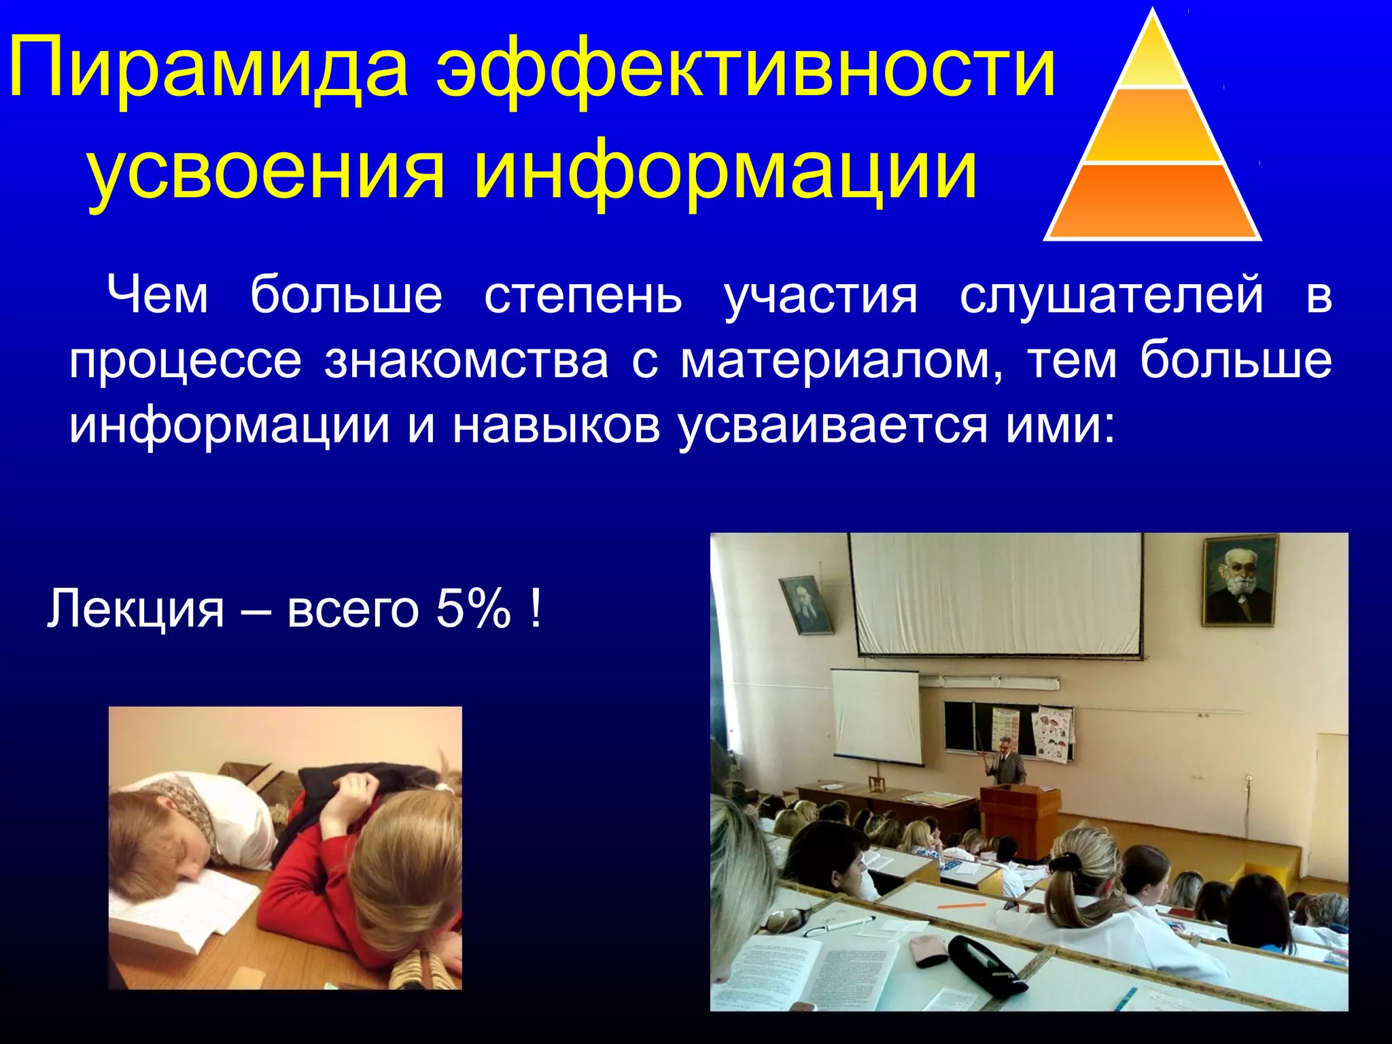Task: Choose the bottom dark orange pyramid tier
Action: click(1152, 202)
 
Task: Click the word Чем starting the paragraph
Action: click(158, 296)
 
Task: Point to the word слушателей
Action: click(1111, 296)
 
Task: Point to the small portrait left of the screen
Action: click(804, 605)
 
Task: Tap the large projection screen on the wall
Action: click(996, 595)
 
